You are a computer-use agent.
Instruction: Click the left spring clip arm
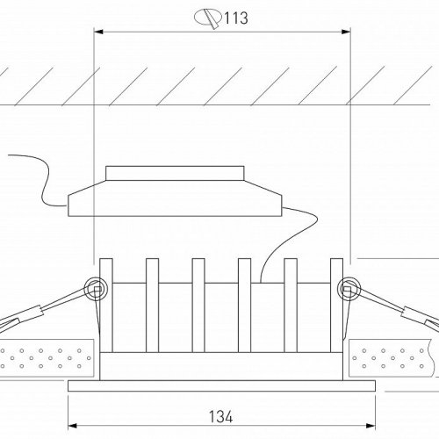[48, 308]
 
